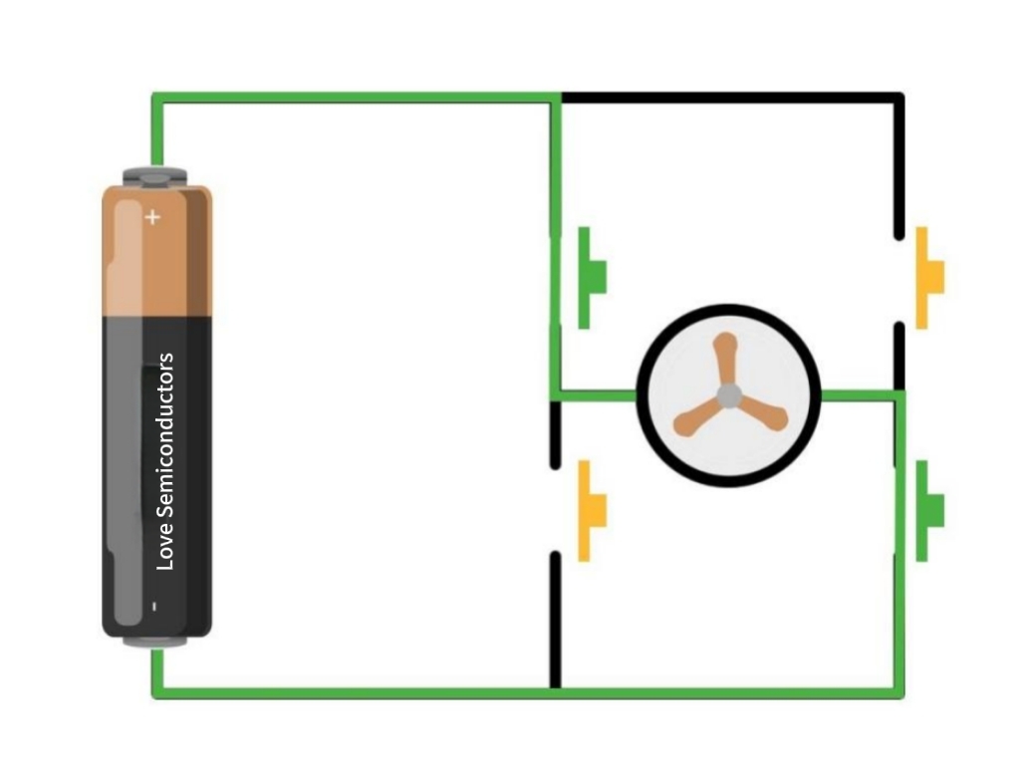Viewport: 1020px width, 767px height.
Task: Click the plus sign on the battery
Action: pos(152,217)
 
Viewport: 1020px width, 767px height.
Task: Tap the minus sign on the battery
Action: pos(154,606)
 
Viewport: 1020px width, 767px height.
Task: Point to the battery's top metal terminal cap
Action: pos(155,177)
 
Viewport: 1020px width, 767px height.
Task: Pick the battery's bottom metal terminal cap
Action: pos(155,640)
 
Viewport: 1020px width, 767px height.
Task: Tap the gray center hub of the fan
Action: pos(729,395)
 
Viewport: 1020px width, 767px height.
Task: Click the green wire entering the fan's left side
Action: pos(598,395)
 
